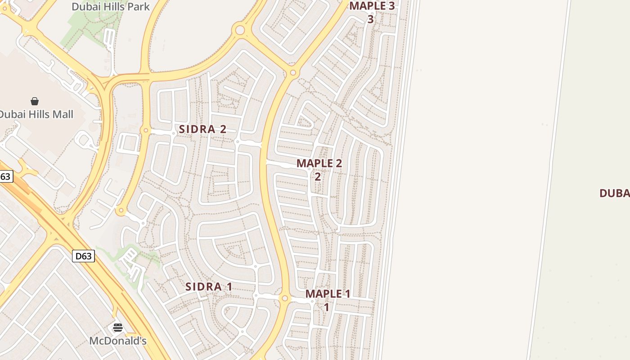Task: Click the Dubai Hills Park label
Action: point(111,6)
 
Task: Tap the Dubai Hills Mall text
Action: point(36,114)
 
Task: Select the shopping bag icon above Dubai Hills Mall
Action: point(35,101)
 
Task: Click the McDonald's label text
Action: point(118,341)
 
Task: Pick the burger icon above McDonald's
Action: point(118,328)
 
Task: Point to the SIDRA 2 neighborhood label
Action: point(202,129)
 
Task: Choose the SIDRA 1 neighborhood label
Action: point(209,287)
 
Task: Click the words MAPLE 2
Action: point(319,163)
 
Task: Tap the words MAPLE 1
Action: point(328,294)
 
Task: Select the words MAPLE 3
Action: point(372,6)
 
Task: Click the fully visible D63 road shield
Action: point(83,256)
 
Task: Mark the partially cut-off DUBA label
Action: point(615,193)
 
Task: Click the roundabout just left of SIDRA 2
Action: point(145,130)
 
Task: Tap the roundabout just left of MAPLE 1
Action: point(284,298)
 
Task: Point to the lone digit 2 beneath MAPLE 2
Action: point(318,176)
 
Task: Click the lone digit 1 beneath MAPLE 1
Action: point(326,307)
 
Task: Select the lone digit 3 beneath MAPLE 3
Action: point(370,19)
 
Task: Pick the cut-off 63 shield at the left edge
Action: point(5,176)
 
